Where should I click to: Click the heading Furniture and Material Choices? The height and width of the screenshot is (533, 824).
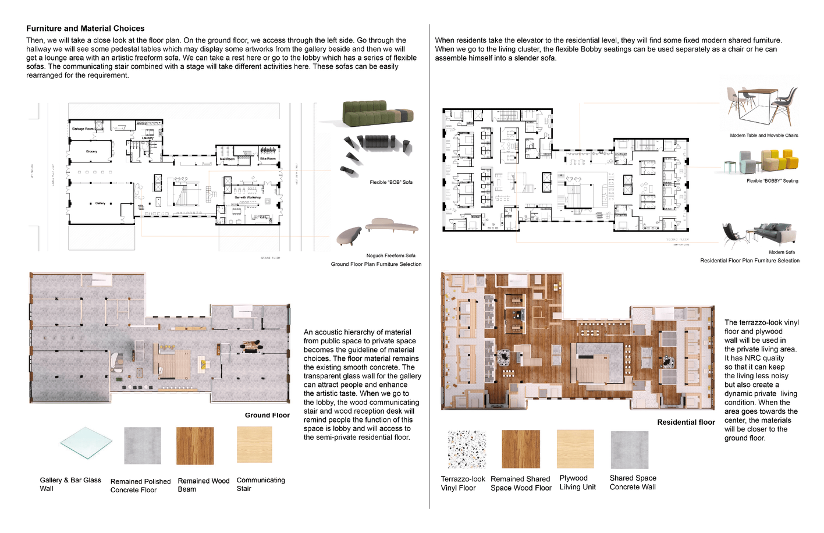[85, 29]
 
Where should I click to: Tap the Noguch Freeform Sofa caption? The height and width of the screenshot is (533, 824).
[390, 255]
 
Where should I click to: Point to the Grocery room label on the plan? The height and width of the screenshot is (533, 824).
[91, 151]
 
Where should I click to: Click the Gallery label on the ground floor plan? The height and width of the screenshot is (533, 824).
[100, 203]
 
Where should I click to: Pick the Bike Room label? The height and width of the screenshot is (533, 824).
[268, 158]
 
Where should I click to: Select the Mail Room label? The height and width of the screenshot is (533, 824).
[227, 159]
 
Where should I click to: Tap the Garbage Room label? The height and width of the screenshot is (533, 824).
[82, 129]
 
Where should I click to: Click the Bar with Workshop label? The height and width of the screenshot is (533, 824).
[247, 197]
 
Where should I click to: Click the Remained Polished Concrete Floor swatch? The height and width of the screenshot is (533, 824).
[143, 446]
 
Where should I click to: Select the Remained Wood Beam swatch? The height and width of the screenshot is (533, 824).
[195, 446]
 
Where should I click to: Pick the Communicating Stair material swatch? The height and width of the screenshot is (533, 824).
[254, 445]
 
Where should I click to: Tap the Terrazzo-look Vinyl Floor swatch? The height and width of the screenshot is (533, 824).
[467, 449]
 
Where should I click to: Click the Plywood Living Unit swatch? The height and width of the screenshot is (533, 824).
[575, 449]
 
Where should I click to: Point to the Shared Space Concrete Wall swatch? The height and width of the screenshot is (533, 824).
[629, 450]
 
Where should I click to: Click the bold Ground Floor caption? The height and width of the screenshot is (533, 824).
[267, 415]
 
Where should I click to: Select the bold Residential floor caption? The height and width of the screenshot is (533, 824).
[686, 422]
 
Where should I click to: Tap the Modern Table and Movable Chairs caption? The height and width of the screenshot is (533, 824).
[763, 135]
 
